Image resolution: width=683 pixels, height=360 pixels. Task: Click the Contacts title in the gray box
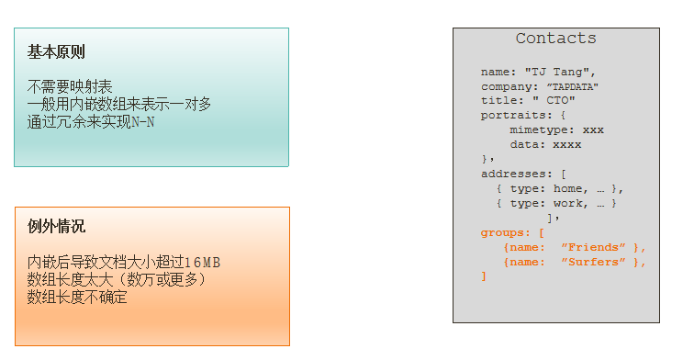coord(555,39)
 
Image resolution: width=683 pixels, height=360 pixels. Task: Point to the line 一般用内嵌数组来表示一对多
coord(119,104)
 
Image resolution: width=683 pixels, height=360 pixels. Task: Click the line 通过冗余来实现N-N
coord(91,121)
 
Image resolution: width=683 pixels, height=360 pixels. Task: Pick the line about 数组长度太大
coord(117,279)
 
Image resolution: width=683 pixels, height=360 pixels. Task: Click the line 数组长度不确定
coord(77,297)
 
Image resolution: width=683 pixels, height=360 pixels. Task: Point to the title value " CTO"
coord(551,101)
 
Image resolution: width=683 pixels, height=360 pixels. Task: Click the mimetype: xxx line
coord(556,130)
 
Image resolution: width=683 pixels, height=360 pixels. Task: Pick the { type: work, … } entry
coord(556,203)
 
